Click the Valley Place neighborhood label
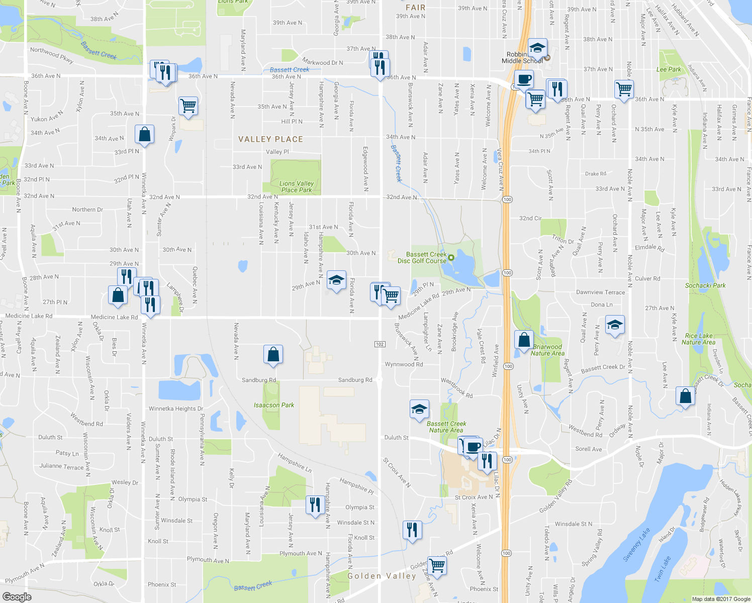pos(270,139)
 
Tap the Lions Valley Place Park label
pos(297,187)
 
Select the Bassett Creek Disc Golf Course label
pos(422,258)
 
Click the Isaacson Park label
pos(274,405)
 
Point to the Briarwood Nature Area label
pos(547,350)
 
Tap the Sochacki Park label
pos(705,285)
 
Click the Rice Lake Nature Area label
pos(698,339)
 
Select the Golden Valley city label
pos(383,576)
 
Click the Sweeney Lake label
pos(636,545)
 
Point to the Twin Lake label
pos(663,569)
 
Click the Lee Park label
pos(669,69)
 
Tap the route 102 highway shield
pos(380,344)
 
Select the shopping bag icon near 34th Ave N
pos(144,135)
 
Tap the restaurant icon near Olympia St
pos(315,505)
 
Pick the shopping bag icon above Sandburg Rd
pos(273,354)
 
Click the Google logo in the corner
pos(17,597)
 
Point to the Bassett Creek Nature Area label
pos(446,427)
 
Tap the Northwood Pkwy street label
pos(51,55)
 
